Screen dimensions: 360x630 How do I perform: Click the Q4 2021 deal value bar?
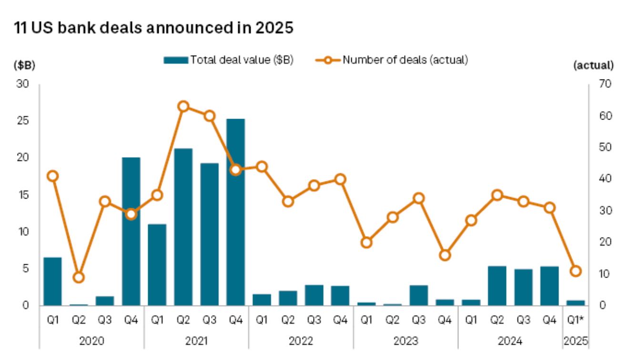click(235, 212)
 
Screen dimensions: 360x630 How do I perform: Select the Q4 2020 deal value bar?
click(131, 231)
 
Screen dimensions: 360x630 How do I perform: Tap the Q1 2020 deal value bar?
click(52, 281)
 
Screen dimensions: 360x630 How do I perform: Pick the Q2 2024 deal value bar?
click(498, 285)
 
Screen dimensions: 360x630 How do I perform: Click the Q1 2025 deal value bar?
click(576, 302)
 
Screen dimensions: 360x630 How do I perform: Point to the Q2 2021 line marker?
click(183, 106)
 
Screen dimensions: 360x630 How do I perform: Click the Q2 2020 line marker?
click(79, 277)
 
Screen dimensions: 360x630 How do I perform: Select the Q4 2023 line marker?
click(445, 255)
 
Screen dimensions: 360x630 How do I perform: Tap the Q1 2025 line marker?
click(576, 271)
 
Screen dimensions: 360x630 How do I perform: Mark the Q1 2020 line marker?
click(53, 176)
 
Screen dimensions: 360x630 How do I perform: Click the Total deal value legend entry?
click(229, 60)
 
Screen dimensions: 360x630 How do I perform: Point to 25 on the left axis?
click(23, 121)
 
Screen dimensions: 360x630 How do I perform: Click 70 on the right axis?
click(600, 85)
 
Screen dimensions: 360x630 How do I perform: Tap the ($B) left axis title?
click(24, 65)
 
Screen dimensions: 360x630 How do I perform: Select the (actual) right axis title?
click(593, 65)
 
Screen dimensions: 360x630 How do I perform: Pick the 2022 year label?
click(301, 341)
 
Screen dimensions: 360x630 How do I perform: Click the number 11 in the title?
click(21, 28)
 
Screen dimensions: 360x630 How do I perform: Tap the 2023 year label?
click(406, 341)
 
